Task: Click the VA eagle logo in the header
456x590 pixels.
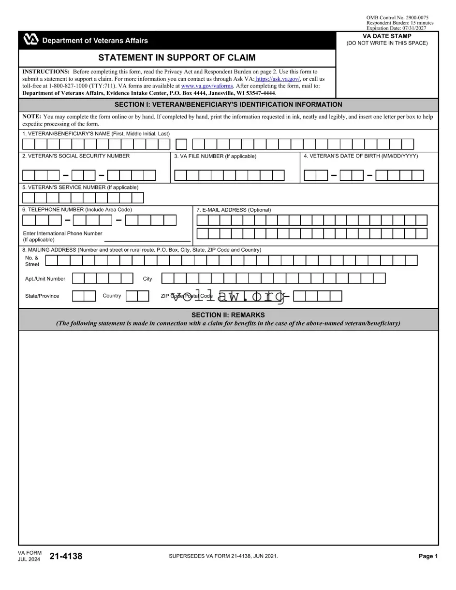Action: [31, 40]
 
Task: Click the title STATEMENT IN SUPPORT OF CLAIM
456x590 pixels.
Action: [177, 58]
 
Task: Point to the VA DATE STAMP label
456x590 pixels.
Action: [387, 37]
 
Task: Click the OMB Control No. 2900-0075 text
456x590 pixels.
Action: [397, 18]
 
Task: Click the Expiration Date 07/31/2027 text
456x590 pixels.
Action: [397, 28]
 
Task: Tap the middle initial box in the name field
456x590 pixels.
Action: [181, 144]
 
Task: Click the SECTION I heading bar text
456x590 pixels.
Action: [228, 105]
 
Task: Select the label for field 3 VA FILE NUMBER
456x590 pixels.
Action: [215, 156]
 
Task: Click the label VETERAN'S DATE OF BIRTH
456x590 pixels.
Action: [361, 156]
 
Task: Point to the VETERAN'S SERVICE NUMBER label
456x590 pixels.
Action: [80, 187]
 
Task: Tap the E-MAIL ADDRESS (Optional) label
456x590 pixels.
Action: [234, 210]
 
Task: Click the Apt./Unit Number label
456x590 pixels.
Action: [45, 279]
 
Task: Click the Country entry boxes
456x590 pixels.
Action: [137, 296]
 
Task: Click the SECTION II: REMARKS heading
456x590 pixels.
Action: [228, 315]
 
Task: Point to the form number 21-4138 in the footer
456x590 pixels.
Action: [66, 556]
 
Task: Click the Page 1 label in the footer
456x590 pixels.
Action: [428, 556]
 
